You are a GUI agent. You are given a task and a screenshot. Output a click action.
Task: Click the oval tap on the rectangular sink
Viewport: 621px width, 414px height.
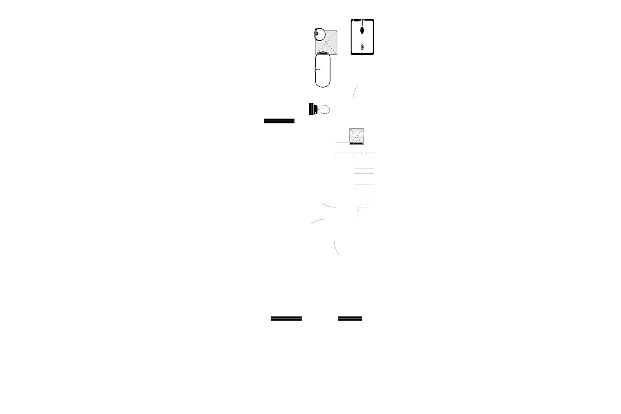tap(362, 30)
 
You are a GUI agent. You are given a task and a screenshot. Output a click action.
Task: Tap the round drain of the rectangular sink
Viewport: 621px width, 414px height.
tap(362, 47)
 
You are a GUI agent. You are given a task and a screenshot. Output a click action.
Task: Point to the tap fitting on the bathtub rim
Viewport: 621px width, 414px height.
tap(318, 70)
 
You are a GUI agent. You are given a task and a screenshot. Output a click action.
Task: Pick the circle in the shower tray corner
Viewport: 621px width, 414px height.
tap(319, 34)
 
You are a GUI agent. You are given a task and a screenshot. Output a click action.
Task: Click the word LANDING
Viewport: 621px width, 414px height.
tap(358, 133)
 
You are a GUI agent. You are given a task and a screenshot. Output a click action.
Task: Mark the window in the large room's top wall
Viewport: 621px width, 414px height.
tap(279, 121)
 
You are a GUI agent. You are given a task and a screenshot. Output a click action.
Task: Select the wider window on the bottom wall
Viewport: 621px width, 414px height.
tap(286, 317)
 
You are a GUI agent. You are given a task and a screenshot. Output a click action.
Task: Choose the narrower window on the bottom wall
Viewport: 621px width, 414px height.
tap(350, 317)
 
